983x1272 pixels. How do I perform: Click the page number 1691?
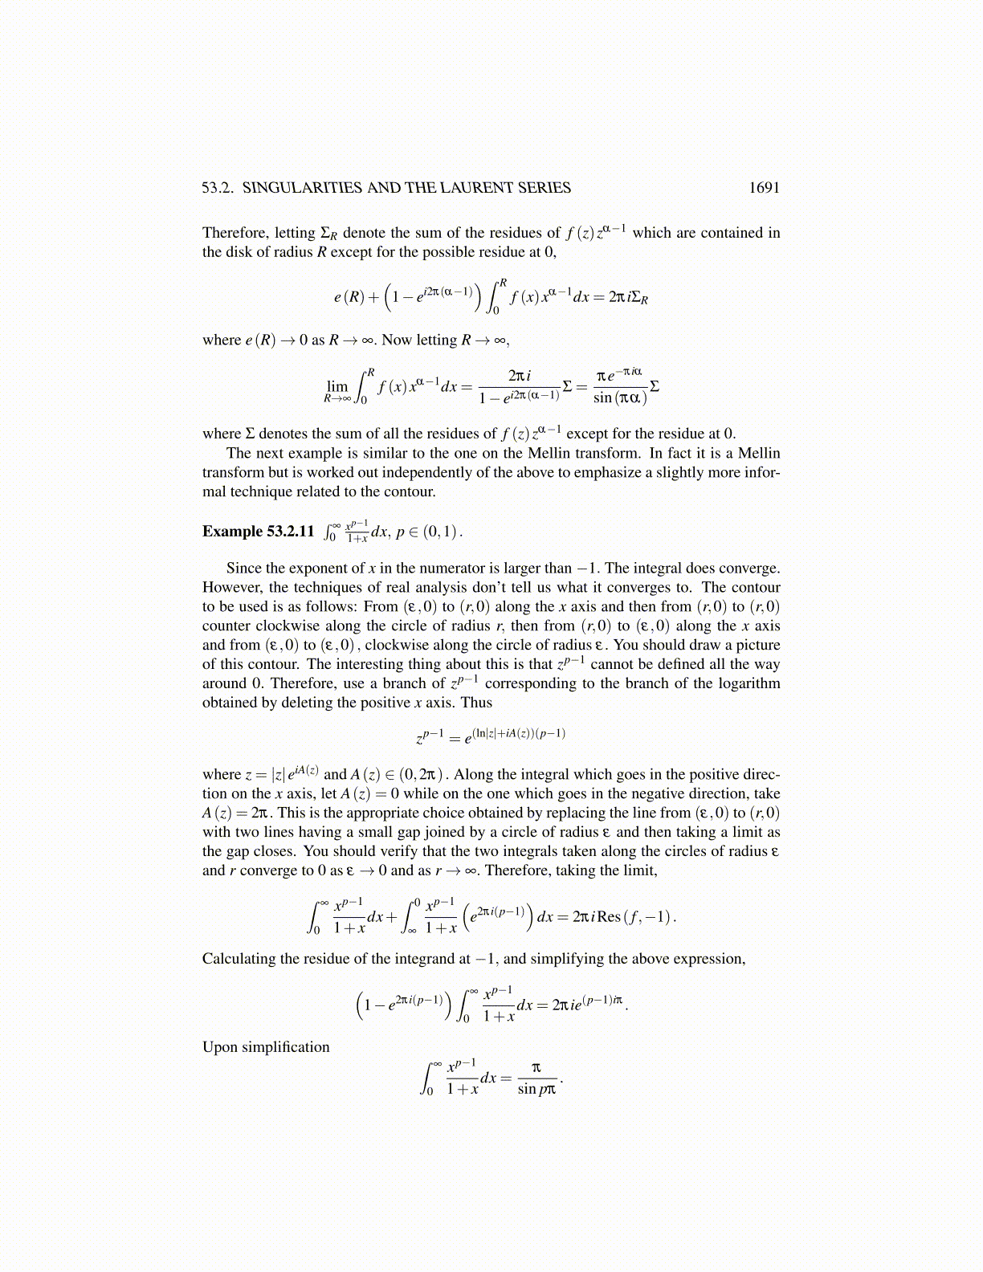[764, 188]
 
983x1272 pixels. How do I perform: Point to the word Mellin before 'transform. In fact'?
[759, 453]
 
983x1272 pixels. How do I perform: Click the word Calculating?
[239, 959]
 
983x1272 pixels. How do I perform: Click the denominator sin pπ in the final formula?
[536, 1090]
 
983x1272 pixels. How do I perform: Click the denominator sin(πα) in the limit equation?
[619, 397]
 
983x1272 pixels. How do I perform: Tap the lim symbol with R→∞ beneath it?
[337, 389]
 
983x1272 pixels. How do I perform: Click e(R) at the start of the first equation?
[349, 297]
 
